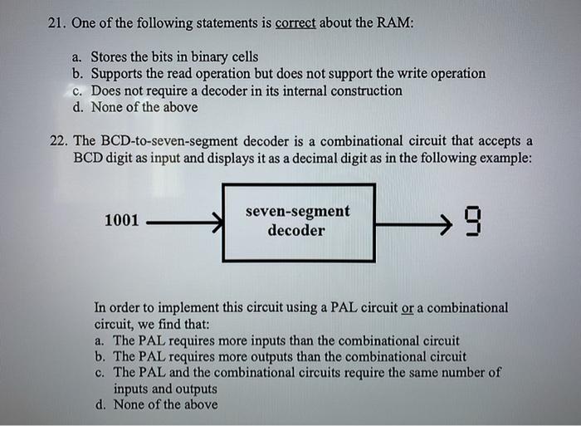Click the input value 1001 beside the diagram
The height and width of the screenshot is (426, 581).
click(121, 221)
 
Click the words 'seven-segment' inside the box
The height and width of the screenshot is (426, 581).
click(297, 212)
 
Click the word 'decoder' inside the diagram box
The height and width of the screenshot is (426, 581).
click(296, 231)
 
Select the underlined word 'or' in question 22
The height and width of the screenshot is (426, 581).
click(407, 308)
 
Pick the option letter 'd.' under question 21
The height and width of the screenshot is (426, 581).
click(79, 107)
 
